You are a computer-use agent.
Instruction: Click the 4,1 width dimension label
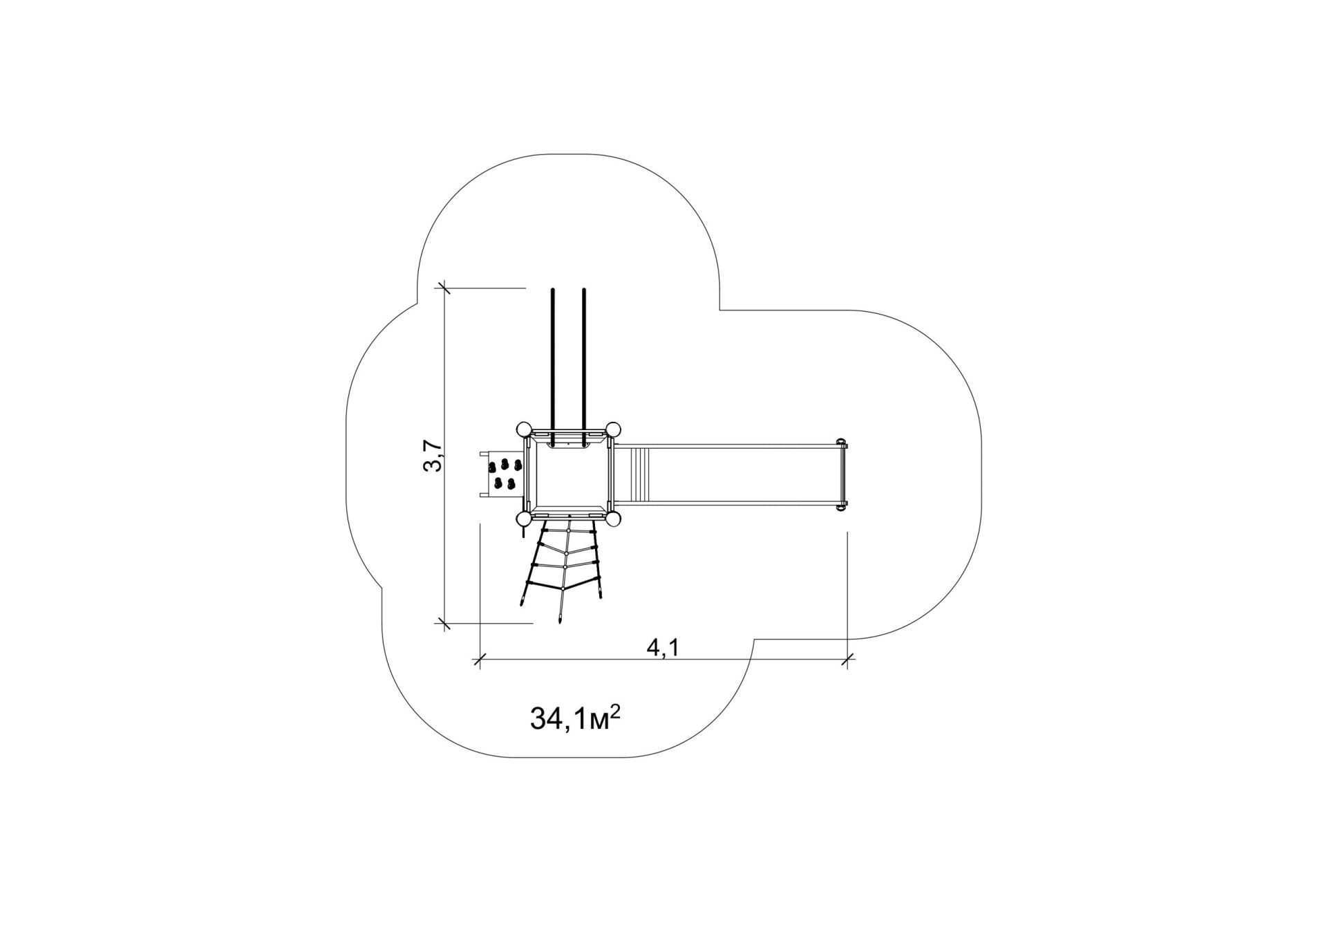point(663,648)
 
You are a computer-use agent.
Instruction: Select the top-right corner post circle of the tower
point(613,429)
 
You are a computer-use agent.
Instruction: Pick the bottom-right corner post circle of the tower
point(613,519)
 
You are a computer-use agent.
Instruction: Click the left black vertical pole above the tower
point(553,366)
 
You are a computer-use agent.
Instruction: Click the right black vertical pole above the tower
point(584,366)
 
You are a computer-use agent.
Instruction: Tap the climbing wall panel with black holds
point(503,474)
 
